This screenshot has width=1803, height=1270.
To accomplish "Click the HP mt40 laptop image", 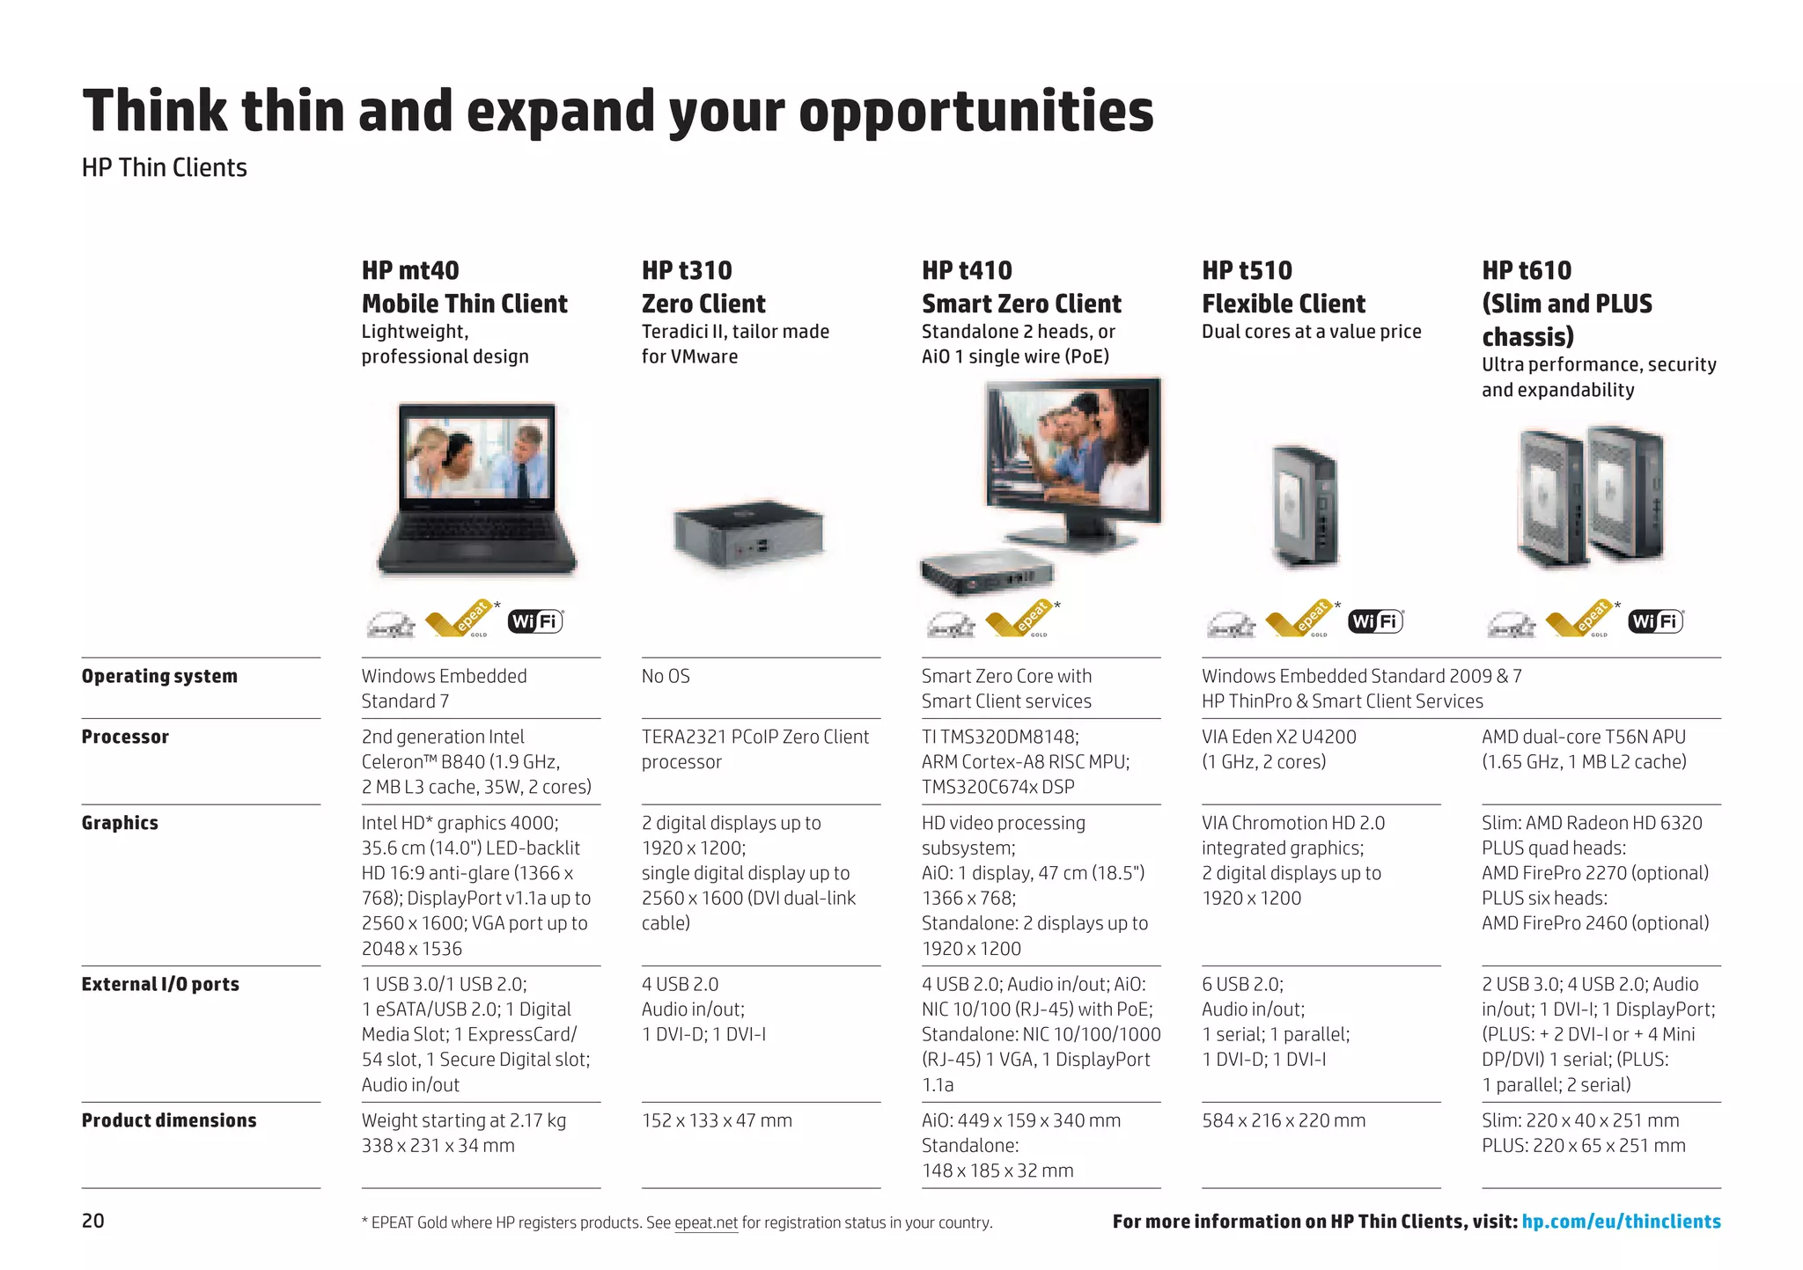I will click(477, 489).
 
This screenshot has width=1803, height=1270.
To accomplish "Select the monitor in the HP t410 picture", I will click(1072, 458).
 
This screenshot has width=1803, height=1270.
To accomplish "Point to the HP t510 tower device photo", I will click(1306, 506).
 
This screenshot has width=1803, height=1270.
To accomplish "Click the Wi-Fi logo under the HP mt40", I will click(535, 621).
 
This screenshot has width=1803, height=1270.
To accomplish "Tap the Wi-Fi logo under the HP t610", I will click(1656, 621).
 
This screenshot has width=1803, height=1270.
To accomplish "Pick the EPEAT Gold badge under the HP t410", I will click(1021, 620).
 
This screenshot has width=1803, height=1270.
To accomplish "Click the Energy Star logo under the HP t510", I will click(1231, 625).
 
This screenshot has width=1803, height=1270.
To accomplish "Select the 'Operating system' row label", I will click(159, 676).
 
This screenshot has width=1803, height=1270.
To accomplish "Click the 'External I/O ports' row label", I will click(160, 984).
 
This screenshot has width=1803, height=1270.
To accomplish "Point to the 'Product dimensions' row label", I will click(169, 1120).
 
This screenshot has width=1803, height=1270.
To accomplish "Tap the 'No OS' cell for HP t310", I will click(666, 676).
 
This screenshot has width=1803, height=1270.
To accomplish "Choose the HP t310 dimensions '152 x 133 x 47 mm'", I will click(717, 1120).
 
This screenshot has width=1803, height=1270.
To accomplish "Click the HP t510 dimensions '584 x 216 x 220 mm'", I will click(1284, 1120).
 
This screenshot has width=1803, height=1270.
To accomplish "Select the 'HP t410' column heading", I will click(967, 270).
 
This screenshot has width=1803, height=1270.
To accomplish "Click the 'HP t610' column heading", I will click(1527, 270).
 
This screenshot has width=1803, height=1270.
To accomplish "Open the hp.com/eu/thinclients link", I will click(1621, 1222).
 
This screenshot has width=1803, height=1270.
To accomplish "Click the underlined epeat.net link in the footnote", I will click(706, 1222).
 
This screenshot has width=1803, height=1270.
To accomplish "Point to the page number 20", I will click(92, 1221).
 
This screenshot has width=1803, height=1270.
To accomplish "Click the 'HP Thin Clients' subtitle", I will click(165, 167).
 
